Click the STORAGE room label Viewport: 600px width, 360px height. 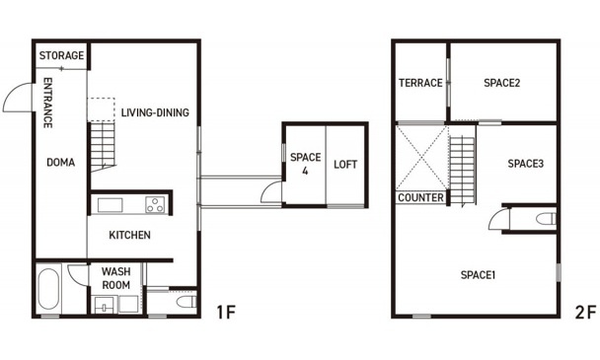61,55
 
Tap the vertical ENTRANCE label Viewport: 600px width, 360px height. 47,103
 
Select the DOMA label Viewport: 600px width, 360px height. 60,162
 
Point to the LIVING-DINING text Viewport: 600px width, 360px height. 155,112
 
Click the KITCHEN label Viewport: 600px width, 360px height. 129,235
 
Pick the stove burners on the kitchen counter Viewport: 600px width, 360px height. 155,204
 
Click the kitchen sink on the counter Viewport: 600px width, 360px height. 110,205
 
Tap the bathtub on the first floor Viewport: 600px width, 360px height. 48,288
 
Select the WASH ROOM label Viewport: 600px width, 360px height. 115,278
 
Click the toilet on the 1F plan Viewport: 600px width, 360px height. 187,301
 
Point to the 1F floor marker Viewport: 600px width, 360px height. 226,313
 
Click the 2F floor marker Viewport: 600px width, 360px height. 585,313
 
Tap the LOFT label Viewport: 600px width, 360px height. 345,165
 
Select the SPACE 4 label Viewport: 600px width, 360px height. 305,164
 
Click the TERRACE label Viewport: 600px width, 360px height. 420,83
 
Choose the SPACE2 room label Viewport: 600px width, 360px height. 501,83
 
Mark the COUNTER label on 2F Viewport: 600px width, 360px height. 421,197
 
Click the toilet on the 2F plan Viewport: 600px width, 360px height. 546,219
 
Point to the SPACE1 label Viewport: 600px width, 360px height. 478,275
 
